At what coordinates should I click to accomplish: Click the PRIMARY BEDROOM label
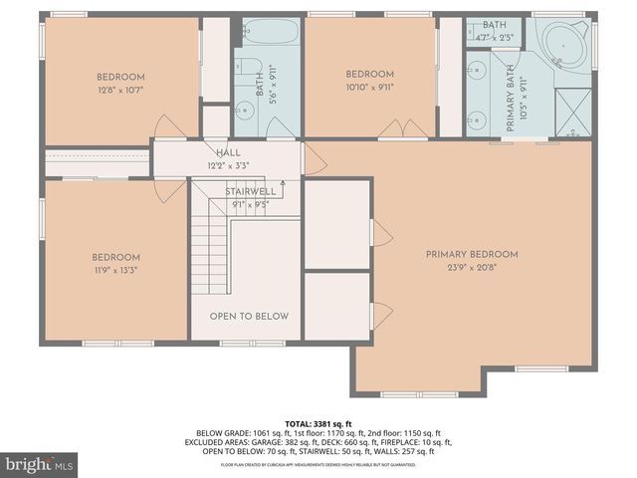pyautogui.click(x=472, y=254)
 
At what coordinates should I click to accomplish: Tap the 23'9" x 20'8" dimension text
pyautogui.click(x=472, y=268)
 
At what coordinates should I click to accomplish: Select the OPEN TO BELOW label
pyautogui.click(x=249, y=316)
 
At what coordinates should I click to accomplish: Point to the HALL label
pyautogui.click(x=228, y=152)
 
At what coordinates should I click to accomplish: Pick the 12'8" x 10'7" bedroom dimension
pyautogui.click(x=120, y=91)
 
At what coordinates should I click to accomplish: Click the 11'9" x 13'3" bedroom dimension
pyautogui.click(x=117, y=270)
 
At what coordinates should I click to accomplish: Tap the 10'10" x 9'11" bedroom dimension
pyautogui.click(x=369, y=87)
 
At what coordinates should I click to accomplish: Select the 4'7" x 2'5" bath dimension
pyautogui.click(x=495, y=38)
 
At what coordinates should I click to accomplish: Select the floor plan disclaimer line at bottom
pyautogui.click(x=318, y=464)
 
